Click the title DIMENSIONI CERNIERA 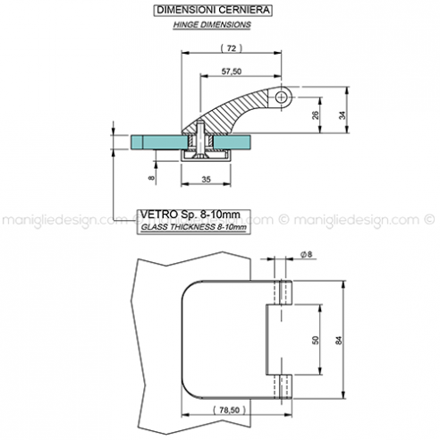(213, 10)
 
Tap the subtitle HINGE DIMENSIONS (212, 25)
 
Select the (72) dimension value (232, 48)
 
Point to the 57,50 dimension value (232, 72)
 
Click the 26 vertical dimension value (315, 115)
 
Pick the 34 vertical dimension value (343, 115)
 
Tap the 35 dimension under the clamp (206, 180)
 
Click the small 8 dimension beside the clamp (151, 178)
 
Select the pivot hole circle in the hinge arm (281, 97)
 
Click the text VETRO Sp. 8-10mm (190, 215)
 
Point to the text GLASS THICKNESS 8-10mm (194, 227)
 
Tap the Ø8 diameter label (306, 254)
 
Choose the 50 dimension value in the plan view (315, 340)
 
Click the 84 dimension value (339, 340)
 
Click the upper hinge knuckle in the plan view (285, 292)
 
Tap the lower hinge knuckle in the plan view (285, 386)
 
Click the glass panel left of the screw (159, 142)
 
